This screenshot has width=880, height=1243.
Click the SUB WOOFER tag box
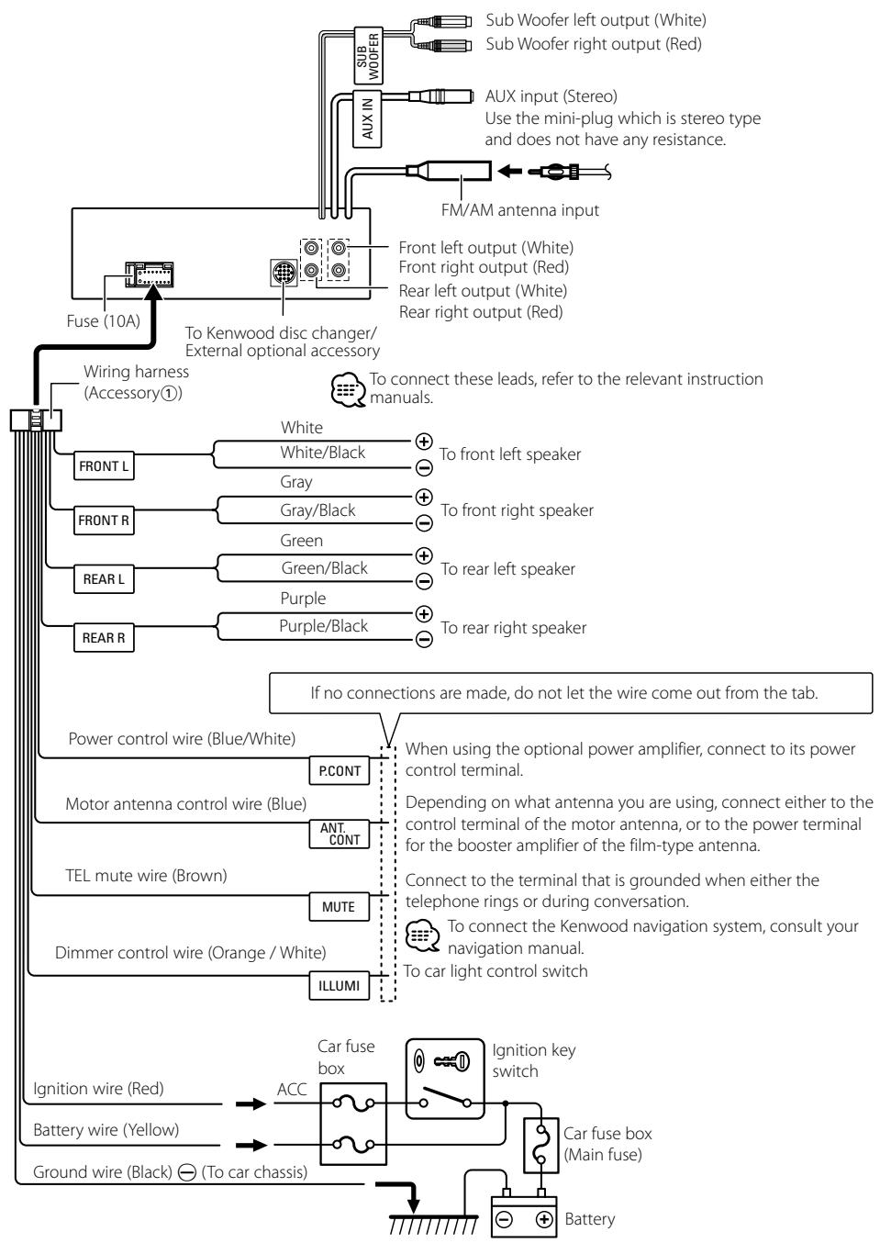pyautogui.click(x=368, y=55)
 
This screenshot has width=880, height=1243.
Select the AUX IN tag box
pyautogui.click(x=367, y=118)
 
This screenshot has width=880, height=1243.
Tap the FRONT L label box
pyautogui.click(x=104, y=465)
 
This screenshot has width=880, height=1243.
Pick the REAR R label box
pyautogui.click(x=104, y=638)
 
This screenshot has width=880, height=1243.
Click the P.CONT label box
pyautogui.click(x=339, y=770)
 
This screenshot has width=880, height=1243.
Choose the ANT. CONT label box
pyautogui.click(x=339, y=834)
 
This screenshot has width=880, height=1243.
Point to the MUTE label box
pyautogui.click(x=339, y=906)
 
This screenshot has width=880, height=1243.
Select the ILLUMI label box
pyautogui.click(x=339, y=986)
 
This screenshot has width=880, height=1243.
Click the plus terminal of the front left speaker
pyautogui.click(x=424, y=442)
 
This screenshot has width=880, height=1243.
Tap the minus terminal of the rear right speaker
pyautogui.click(x=424, y=639)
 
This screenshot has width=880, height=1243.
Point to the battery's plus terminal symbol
pyautogui.click(x=544, y=1220)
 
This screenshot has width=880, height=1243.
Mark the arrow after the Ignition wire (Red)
pyautogui.click(x=251, y=1103)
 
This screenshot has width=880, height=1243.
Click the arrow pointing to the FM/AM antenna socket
pyautogui.click(x=509, y=171)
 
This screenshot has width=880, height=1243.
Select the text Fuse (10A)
pyautogui.click(x=103, y=321)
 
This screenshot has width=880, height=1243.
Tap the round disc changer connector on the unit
pyautogui.click(x=284, y=273)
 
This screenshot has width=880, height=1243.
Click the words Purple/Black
pyautogui.click(x=323, y=626)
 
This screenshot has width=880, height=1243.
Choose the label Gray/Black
pyautogui.click(x=317, y=510)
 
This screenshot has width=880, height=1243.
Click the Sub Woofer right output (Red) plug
pyautogui.click(x=443, y=45)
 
